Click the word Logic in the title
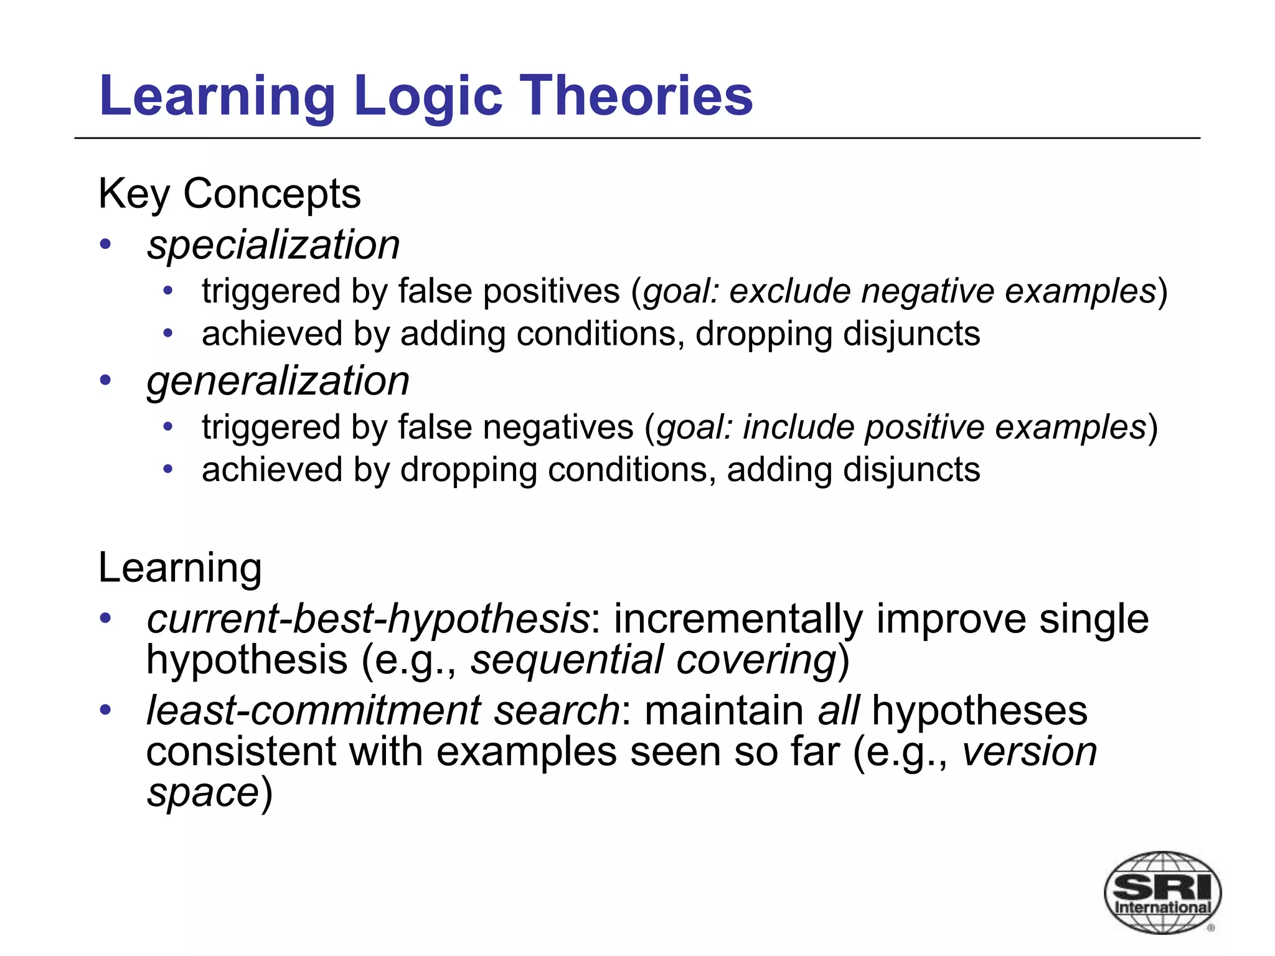[428, 96]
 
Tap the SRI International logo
[1162, 892]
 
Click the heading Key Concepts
[229, 194]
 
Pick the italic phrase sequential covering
[653, 660]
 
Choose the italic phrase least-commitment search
[382, 710]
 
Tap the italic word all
[838, 710]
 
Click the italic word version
[1030, 751]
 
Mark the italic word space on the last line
[202, 793]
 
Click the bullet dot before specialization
[105, 244]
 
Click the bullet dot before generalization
[105, 380]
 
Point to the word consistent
[241, 751]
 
